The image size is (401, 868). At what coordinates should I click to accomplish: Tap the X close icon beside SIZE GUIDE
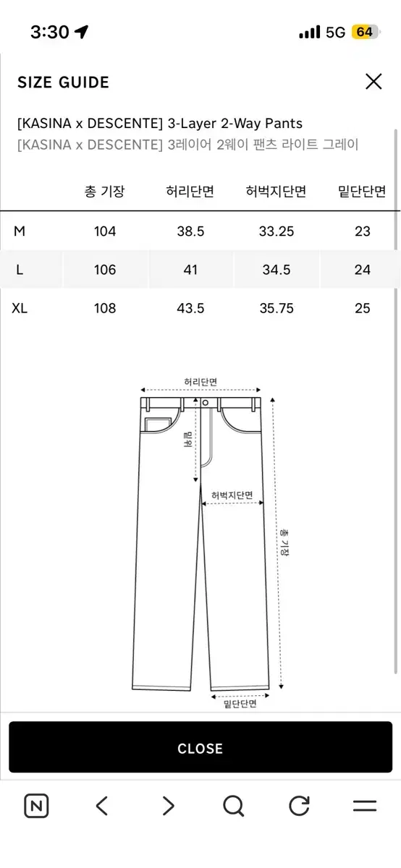coord(373,81)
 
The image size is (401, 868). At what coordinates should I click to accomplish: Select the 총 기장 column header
coord(105,191)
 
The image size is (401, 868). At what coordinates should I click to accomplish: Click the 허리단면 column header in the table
coord(190,191)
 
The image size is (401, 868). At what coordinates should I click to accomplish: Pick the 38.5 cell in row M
coord(190,231)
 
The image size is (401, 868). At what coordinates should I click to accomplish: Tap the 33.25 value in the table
coord(277,231)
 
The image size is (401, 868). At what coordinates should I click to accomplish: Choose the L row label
coord(20,270)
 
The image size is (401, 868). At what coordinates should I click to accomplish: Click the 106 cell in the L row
coord(105,270)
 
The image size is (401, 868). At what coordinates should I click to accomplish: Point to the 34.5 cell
coord(277,270)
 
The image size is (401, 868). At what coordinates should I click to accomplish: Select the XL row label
coord(20,308)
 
